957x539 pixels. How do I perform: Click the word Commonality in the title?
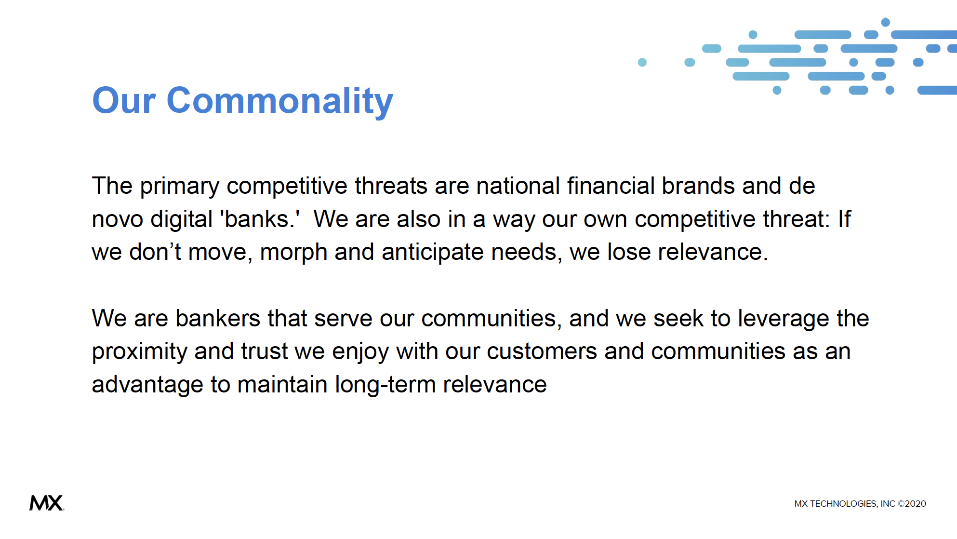(280, 101)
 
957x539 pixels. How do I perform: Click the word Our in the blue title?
(124, 101)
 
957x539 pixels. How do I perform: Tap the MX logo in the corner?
(46, 503)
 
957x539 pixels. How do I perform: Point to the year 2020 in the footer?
(915, 504)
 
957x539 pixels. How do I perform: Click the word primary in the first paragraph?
(180, 187)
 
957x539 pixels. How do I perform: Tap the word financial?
(611, 186)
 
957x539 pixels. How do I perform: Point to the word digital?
(182, 220)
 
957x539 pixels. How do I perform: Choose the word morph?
(294, 253)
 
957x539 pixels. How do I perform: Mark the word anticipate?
(433, 253)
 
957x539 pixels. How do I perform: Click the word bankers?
(218, 319)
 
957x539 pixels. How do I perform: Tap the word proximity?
(140, 352)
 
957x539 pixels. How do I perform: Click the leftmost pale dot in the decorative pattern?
(642, 62)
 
